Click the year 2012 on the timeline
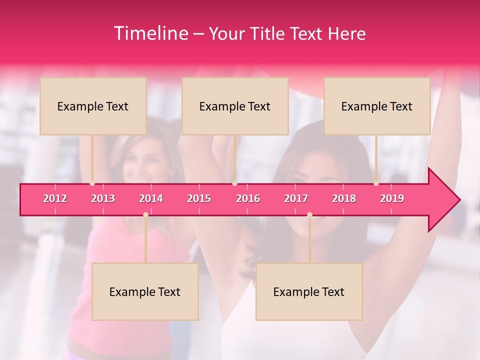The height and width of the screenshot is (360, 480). coord(55,198)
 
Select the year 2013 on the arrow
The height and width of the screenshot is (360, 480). coord(103,198)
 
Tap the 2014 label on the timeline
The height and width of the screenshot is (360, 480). coord(151,198)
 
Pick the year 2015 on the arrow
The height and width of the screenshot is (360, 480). coord(199,198)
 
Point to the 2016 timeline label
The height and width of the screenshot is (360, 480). coord(248,198)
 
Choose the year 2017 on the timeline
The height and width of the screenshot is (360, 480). coord(296,198)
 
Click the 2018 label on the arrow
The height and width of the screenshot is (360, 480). coord(344,198)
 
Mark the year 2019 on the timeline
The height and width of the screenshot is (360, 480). coord(392,198)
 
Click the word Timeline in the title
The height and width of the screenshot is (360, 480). coord(150,33)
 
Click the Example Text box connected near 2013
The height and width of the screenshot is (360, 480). coord(93,106)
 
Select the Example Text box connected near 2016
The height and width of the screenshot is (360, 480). coord(235,106)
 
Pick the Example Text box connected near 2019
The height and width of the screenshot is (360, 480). coord(377,106)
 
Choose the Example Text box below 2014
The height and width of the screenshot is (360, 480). coord(145,291)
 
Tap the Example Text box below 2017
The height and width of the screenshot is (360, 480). coord(309,291)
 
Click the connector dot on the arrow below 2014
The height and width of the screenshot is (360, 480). coord(145,214)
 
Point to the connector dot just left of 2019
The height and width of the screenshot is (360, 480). coord(376,183)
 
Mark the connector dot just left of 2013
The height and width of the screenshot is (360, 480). coord(92,183)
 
